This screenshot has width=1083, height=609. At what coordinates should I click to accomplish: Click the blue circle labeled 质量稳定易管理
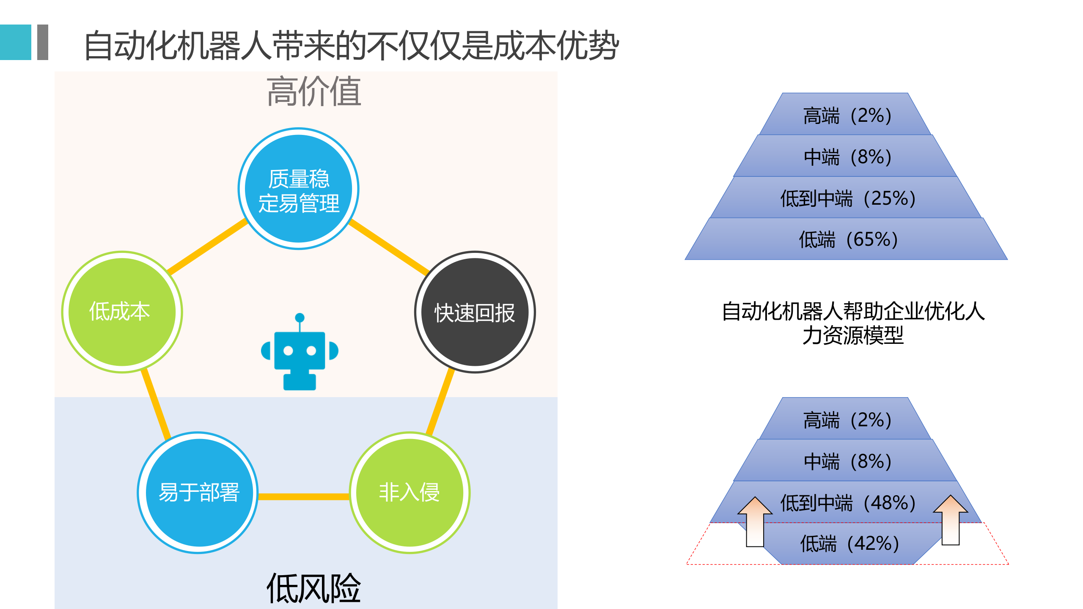point(299,189)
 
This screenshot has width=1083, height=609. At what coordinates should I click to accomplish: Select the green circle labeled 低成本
point(122,312)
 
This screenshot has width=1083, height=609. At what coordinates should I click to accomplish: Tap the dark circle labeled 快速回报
point(475,312)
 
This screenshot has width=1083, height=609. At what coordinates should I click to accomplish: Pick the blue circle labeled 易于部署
point(198,493)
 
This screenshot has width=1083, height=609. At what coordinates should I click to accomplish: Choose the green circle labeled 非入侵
point(410,493)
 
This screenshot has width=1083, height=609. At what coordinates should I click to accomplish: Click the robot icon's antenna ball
point(300,318)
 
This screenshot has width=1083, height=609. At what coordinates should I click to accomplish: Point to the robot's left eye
point(288,351)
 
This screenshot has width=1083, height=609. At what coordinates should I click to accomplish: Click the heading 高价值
point(313,91)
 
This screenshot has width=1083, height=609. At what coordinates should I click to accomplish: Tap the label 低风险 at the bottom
point(313,588)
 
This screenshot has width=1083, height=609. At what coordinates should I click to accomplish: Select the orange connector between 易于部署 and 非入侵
point(304,497)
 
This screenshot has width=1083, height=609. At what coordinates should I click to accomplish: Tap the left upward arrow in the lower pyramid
point(755,522)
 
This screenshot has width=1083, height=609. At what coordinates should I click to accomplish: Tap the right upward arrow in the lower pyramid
point(951,521)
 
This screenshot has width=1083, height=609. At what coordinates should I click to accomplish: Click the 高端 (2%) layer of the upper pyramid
point(847,115)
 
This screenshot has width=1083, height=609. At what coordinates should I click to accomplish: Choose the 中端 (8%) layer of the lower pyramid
point(847,461)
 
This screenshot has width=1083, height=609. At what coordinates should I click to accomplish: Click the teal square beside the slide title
point(16,42)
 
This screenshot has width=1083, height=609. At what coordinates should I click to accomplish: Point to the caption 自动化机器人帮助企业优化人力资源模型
point(853,323)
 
